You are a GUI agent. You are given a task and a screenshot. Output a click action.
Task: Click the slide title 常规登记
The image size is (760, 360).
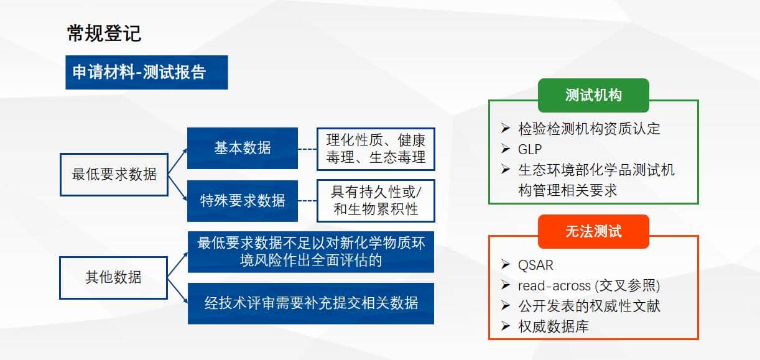click(104, 33)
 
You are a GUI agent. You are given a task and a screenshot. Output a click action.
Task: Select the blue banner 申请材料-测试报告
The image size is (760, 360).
click(147, 72)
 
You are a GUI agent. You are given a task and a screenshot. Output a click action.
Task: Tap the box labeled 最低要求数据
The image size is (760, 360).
click(114, 174)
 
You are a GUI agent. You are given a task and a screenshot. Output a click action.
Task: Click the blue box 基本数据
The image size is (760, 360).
click(243, 148)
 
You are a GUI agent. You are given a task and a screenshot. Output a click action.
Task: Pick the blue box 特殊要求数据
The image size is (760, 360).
click(243, 201)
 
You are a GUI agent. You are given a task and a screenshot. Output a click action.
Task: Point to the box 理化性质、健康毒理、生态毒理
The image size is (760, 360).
click(376, 149)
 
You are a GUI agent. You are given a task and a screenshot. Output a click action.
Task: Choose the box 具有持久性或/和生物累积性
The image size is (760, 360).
click(376, 201)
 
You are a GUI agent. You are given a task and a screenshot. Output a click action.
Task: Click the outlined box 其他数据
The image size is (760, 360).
click(114, 277)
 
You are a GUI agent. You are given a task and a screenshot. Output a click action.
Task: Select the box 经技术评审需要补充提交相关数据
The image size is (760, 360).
click(311, 303)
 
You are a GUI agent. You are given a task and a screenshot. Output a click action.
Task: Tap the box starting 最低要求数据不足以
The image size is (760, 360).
click(311, 252)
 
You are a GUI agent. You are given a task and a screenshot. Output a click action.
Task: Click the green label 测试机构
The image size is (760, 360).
click(593, 95)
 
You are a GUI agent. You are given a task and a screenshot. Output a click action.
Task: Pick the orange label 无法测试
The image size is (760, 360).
click(593, 231)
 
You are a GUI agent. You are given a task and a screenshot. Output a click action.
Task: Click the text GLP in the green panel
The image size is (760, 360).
click(530, 149)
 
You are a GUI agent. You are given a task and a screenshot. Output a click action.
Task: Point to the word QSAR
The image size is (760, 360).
click(535, 265)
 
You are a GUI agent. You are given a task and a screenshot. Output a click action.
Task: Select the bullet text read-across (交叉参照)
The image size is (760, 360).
click(589, 285)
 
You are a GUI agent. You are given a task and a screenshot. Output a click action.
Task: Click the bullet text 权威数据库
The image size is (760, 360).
click(554, 326)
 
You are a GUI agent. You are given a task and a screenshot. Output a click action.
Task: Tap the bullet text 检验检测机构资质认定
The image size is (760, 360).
click(589, 129)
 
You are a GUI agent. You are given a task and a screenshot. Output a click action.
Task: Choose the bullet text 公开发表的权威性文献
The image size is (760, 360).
click(589, 306)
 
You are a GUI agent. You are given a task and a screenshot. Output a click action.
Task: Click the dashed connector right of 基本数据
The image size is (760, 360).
click(307, 149)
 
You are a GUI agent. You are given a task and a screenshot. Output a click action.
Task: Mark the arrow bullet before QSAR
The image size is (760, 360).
click(506, 264)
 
